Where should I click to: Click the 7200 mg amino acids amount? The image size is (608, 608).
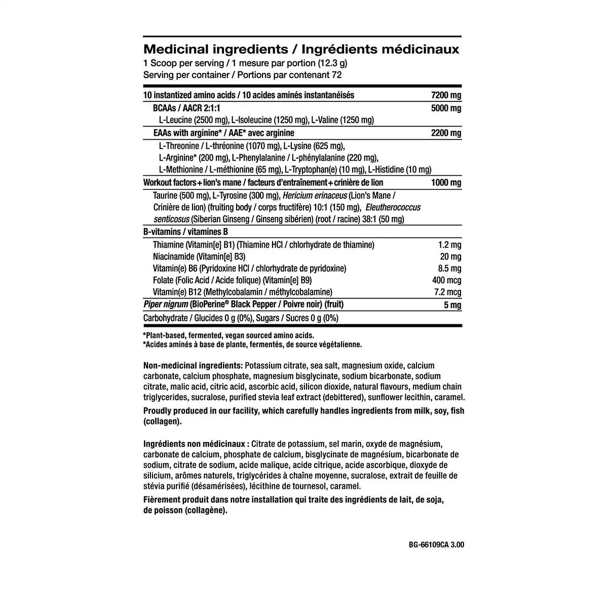(446, 95)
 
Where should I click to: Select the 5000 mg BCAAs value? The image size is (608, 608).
(446, 108)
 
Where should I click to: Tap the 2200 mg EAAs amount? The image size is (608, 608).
(446, 133)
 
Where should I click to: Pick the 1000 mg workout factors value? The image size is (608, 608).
(446, 183)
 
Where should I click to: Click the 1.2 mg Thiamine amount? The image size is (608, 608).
(449, 245)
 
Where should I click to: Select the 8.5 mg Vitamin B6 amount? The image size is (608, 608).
(449, 269)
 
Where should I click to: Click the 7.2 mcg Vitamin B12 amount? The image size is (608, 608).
(447, 292)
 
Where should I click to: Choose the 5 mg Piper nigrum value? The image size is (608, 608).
(452, 305)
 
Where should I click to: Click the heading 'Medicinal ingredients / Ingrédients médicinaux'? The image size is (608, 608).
(301, 50)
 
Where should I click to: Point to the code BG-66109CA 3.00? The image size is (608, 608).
(436, 545)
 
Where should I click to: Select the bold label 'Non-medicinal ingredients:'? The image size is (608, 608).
(193, 366)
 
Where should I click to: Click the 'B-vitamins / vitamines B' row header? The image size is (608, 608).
(186, 232)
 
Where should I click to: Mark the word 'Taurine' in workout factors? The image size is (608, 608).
(165, 196)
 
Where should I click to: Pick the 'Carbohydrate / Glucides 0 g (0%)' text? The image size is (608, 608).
(198, 318)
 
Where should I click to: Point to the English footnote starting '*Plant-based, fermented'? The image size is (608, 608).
(229, 335)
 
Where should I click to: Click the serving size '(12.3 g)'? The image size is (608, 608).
(333, 63)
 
